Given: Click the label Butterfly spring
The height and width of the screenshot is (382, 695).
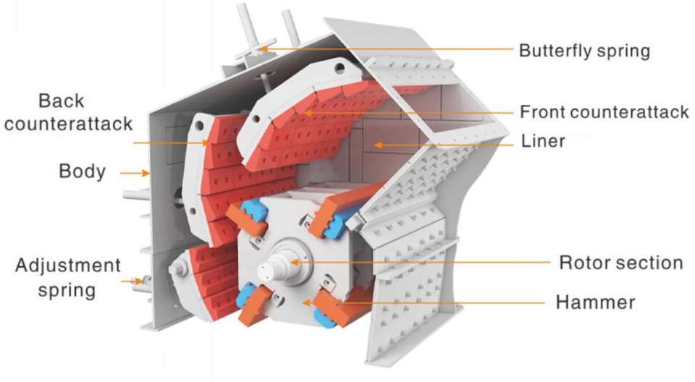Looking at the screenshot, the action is point(584,51).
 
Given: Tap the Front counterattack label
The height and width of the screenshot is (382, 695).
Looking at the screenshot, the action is point(604,112).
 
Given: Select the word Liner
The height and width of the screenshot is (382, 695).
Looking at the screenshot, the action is point(543,142).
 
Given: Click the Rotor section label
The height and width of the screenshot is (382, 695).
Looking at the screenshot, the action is point(620,262).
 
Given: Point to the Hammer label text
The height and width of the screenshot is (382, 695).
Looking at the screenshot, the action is point(595,302).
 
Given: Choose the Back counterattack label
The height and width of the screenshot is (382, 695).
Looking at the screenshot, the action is point(68,111).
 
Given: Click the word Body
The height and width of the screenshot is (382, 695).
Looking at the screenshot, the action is point(82,172).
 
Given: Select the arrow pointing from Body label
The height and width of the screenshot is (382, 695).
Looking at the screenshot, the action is point(137,173).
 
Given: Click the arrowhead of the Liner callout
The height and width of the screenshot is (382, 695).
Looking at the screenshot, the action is point(376,145).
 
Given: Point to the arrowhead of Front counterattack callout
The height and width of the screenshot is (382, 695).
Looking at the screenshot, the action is point(305,113).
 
